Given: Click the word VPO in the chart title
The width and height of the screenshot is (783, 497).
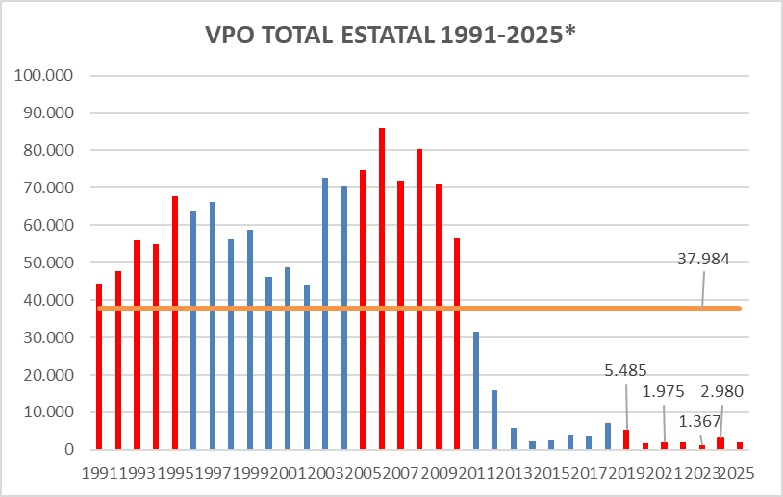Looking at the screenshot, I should (x=232, y=36).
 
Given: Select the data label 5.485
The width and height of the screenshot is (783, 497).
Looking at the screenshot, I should (x=626, y=368).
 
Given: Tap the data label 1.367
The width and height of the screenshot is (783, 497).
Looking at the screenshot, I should (x=700, y=420).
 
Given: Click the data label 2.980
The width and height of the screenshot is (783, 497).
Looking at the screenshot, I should (x=721, y=391).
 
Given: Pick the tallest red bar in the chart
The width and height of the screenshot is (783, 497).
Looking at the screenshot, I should (x=382, y=288).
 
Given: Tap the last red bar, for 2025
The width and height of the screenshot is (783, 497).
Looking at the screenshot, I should (x=739, y=445).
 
